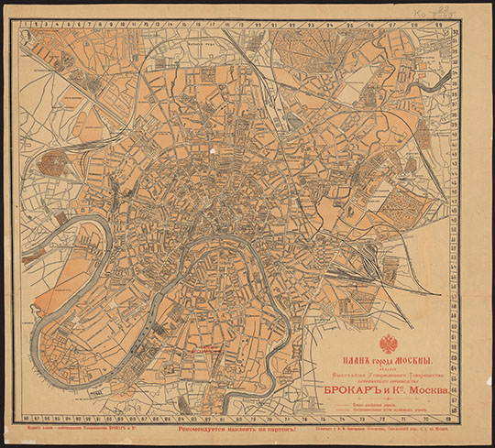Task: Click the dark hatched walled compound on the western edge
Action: (52, 164)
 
